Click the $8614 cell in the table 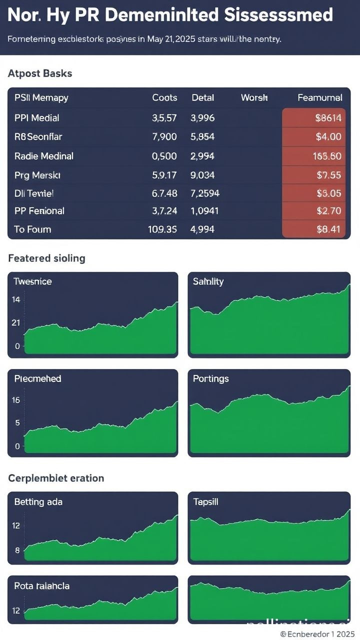click(328, 118)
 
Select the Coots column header click(164, 98)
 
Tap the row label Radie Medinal click(44, 156)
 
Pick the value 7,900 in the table click(164, 136)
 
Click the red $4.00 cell click(328, 136)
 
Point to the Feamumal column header click(319, 98)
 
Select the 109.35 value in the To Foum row click(162, 229)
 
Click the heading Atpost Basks click(40, 73)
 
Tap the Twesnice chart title click(32, 281)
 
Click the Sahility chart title click(208, 281)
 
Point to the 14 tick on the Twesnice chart click(16, 300)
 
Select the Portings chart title click(210, 378)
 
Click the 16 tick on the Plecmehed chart click(16, 400)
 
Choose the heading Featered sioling click(46, 258)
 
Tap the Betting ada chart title click(38, 501)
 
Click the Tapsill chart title click(205, 501)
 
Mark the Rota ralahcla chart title click(41, 585)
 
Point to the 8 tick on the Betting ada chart click(17, 550)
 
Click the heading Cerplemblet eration click(56, 478)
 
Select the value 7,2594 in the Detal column click(205, 193)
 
